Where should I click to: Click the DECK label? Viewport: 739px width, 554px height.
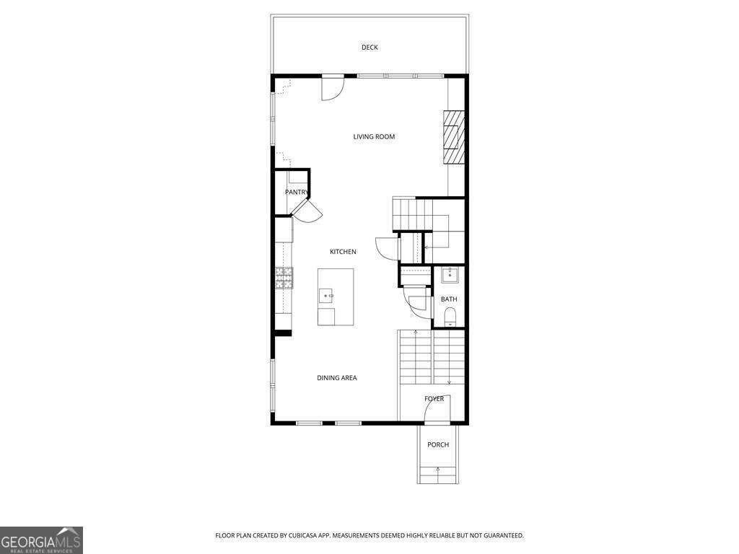pyautogui.click(x=369, y=48)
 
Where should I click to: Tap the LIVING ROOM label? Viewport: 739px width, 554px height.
pyautogui.click(x=374, y=136)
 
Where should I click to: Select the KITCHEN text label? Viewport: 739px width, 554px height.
pyautogui.click(x=343, y=252)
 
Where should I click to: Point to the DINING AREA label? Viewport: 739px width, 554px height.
pyautogui.click(x=337, y=378)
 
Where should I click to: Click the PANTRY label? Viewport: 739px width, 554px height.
pyautogui.click(x=296, y=192)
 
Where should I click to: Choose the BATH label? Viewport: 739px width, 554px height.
pyautogui.click(x=449, y=299)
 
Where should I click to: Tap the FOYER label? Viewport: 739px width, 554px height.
pyautogui.click(x=434, y=399)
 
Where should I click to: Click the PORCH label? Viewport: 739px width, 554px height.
pyautogui.click(x=438, y=445)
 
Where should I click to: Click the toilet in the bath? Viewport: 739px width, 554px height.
pyautogui.click(x=450, y=315)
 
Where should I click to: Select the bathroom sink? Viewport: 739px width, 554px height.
pyautogui.click(x=450, y=274)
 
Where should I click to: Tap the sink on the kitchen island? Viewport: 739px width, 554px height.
pyautogui.click(x=327, y=295)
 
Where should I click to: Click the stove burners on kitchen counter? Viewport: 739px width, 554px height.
pyautogui.click(x=284, y=277)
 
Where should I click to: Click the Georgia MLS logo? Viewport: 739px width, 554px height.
pyautogui.click(x=41, y=540)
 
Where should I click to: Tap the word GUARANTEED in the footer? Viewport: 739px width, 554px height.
pyautogui.click(x=499, y=535)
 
